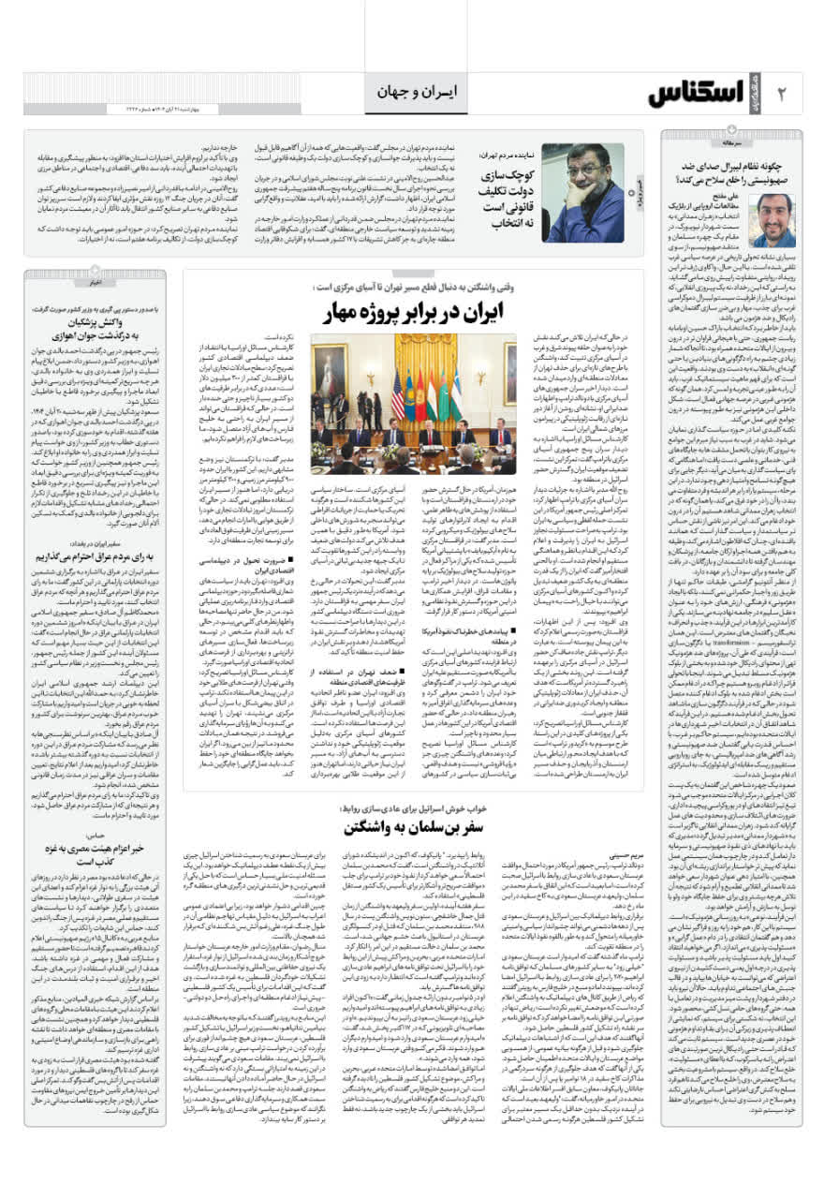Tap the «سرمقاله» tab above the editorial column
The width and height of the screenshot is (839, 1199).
[x=777, y=144]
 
